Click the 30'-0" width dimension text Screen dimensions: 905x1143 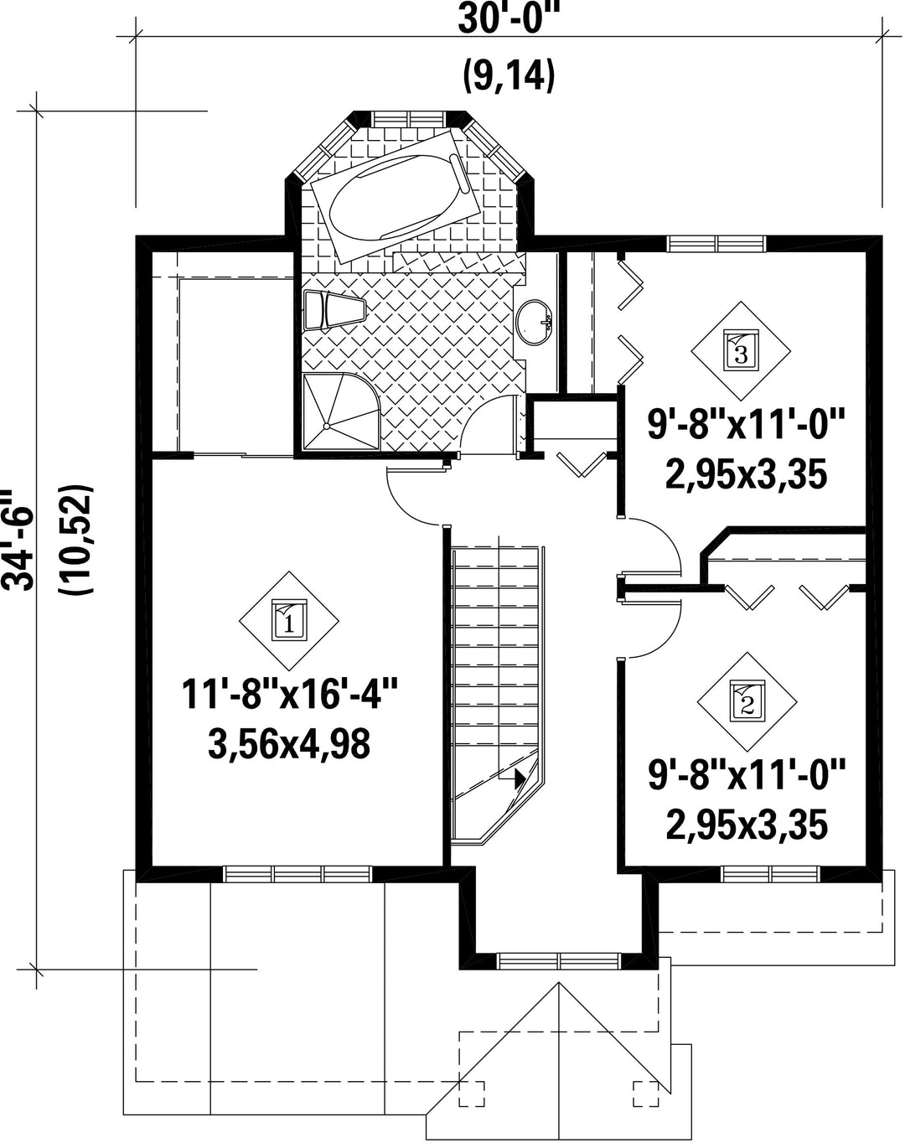(x=509, y=19)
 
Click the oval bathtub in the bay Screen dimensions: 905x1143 (x=396, y=197)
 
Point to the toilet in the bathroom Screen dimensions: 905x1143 (x=334, y=310)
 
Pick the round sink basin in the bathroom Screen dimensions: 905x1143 (x=535, y=323)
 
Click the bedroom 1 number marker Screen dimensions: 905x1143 (x=289, y=621)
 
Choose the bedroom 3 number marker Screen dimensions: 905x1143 (x=741, y=351)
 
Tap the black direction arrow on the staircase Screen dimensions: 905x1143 (x=519, y=779)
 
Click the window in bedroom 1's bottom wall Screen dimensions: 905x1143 (x=297, y=874)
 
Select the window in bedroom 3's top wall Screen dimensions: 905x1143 (x=716, y=244)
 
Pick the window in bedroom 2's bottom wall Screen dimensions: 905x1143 (x=771, y=874)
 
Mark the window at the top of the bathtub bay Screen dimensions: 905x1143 (x=408, y=118)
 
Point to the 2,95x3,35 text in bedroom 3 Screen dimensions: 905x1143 (x=746, y=474)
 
